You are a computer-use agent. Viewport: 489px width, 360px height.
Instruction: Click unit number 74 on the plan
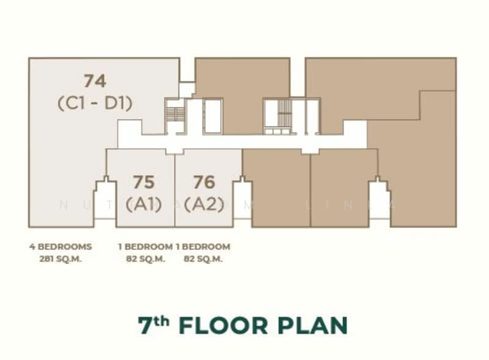95,81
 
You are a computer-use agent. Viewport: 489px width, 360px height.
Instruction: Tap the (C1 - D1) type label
95,103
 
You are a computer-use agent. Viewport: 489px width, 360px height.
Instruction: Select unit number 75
144,182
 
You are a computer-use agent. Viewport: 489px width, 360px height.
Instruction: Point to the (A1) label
144,204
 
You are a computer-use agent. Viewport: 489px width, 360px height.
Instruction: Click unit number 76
204,182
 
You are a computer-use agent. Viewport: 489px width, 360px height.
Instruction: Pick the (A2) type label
204,204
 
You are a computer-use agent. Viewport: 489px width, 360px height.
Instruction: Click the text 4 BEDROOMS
60,247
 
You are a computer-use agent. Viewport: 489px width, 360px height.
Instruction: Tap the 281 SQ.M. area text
60,259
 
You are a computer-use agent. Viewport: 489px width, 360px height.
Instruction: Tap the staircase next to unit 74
175,115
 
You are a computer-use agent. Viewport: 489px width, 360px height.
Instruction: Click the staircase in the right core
285,115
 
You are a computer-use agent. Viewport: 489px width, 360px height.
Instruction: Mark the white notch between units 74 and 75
105,202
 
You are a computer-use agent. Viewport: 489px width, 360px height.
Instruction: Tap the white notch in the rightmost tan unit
379,202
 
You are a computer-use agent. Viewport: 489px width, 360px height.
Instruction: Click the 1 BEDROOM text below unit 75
145,247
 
